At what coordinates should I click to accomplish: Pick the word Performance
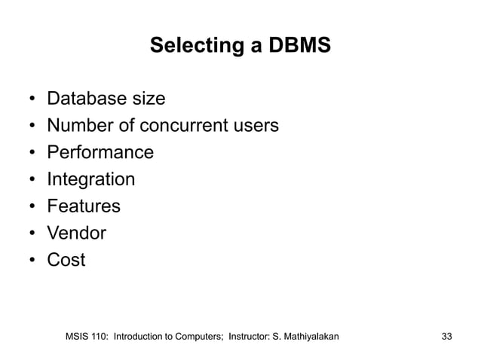(x=100, y=153)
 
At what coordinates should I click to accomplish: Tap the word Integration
(x=91, y=180)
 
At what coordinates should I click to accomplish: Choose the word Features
(x=84, y=207)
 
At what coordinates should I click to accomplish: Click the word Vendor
(x=77, y=234)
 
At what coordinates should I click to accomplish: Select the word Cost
(x=66, y=261)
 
